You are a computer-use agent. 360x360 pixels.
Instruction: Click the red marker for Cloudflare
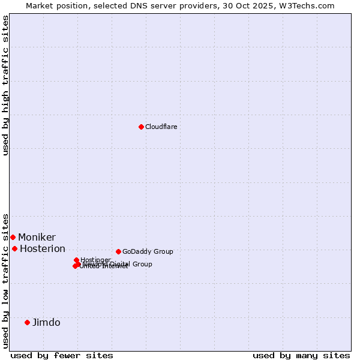[x=141, y=127]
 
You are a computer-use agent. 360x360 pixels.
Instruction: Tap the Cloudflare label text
[x=161, y=127]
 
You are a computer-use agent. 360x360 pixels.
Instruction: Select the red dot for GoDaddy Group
[x=118, y=251]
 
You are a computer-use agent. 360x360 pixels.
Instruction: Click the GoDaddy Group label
[x=148, y=251]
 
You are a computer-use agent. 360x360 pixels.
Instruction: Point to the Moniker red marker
[x=13, y=237]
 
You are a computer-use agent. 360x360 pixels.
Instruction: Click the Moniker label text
[x=37, y=238]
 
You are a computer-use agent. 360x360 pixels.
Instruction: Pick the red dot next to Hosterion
[x=14, y=248]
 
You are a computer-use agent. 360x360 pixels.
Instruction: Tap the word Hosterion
[x=43, y=249]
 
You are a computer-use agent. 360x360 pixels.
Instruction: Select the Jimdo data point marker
[x=27, y=322]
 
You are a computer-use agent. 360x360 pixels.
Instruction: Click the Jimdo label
[x=46, y=322]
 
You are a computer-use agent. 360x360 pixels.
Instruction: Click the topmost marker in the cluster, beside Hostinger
[x=76, y=260]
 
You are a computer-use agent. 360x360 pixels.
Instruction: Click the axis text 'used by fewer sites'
[x=62, y=355]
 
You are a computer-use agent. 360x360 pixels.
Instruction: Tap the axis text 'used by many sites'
[x=301, y=355]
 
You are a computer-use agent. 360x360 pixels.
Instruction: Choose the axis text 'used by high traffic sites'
[x=5, y=85]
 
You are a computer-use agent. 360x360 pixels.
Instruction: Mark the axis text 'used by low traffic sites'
[x=5, y=280]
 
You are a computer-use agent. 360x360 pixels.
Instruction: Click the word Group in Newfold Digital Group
[x=142, y=264]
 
